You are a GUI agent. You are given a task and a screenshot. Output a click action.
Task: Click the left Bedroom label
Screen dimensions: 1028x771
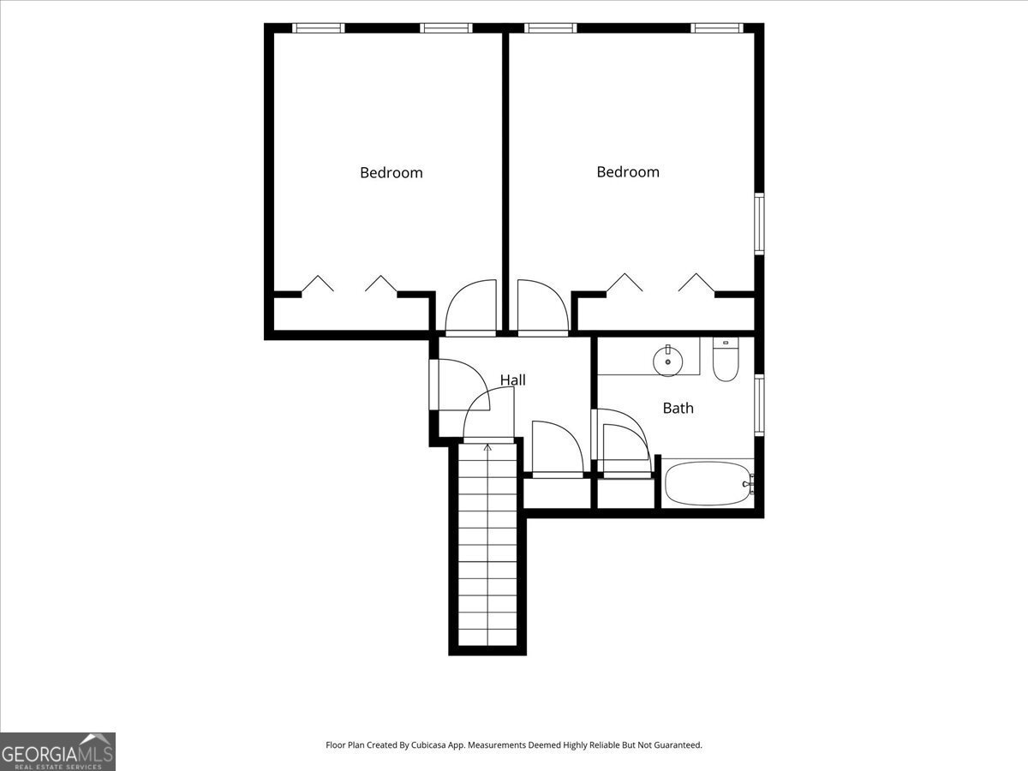[391, 173]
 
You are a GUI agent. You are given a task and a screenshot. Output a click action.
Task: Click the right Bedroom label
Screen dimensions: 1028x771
[628, 172]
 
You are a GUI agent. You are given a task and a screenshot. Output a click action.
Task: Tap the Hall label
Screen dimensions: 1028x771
[513, 380]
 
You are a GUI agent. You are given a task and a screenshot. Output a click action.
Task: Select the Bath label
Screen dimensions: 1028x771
[678, 408]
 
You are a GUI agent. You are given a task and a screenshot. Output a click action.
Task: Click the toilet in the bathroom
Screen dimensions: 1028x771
[726, 359]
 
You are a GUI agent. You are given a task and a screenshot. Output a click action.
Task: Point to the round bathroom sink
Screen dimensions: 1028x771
[668, 362]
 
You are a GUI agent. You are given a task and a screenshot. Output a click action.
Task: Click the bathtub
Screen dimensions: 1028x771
[709, 483]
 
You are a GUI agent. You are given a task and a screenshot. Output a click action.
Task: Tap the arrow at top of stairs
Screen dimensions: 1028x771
[487, 448]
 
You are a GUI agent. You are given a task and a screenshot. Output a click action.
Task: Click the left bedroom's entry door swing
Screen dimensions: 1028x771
[470, 308]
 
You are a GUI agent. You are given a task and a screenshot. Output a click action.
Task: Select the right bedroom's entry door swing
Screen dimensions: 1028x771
[543, 308]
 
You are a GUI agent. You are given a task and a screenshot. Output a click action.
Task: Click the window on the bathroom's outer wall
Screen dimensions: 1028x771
[759, 405]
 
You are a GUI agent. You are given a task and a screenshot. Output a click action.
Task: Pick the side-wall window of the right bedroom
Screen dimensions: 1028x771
[759, 224]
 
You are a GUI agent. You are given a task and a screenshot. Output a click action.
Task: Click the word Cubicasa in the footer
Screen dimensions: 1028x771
[428, 744]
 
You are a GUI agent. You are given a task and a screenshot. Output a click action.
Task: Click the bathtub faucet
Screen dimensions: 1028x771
[749, 484]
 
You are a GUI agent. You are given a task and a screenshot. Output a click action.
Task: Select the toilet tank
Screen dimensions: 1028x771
[726, 344]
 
